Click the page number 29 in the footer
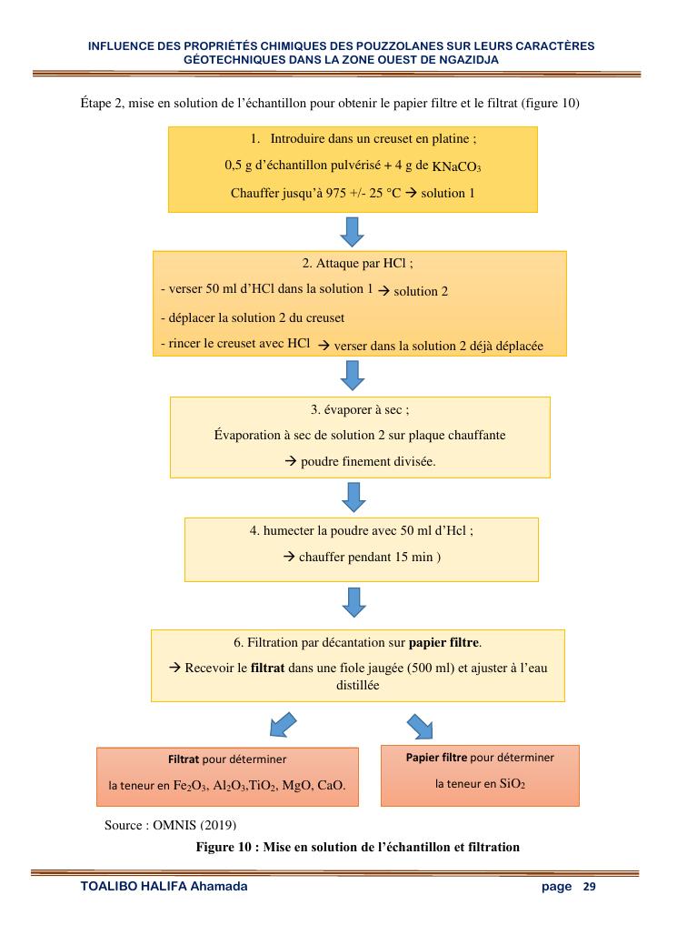pyautogui.click(x=589, y=887)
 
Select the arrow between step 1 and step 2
pyautogui.click(x=352, y=231)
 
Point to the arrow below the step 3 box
pyautogui.click(x=352, y=496)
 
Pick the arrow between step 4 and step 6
pyautogui.click(x=352, y=601)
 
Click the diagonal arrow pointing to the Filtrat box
pyautogui.click(x=283, y=725)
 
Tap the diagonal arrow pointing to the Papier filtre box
pyautogui.click(x=419, y=726)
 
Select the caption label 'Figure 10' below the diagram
pyautogui.click(x=224, y=847)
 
